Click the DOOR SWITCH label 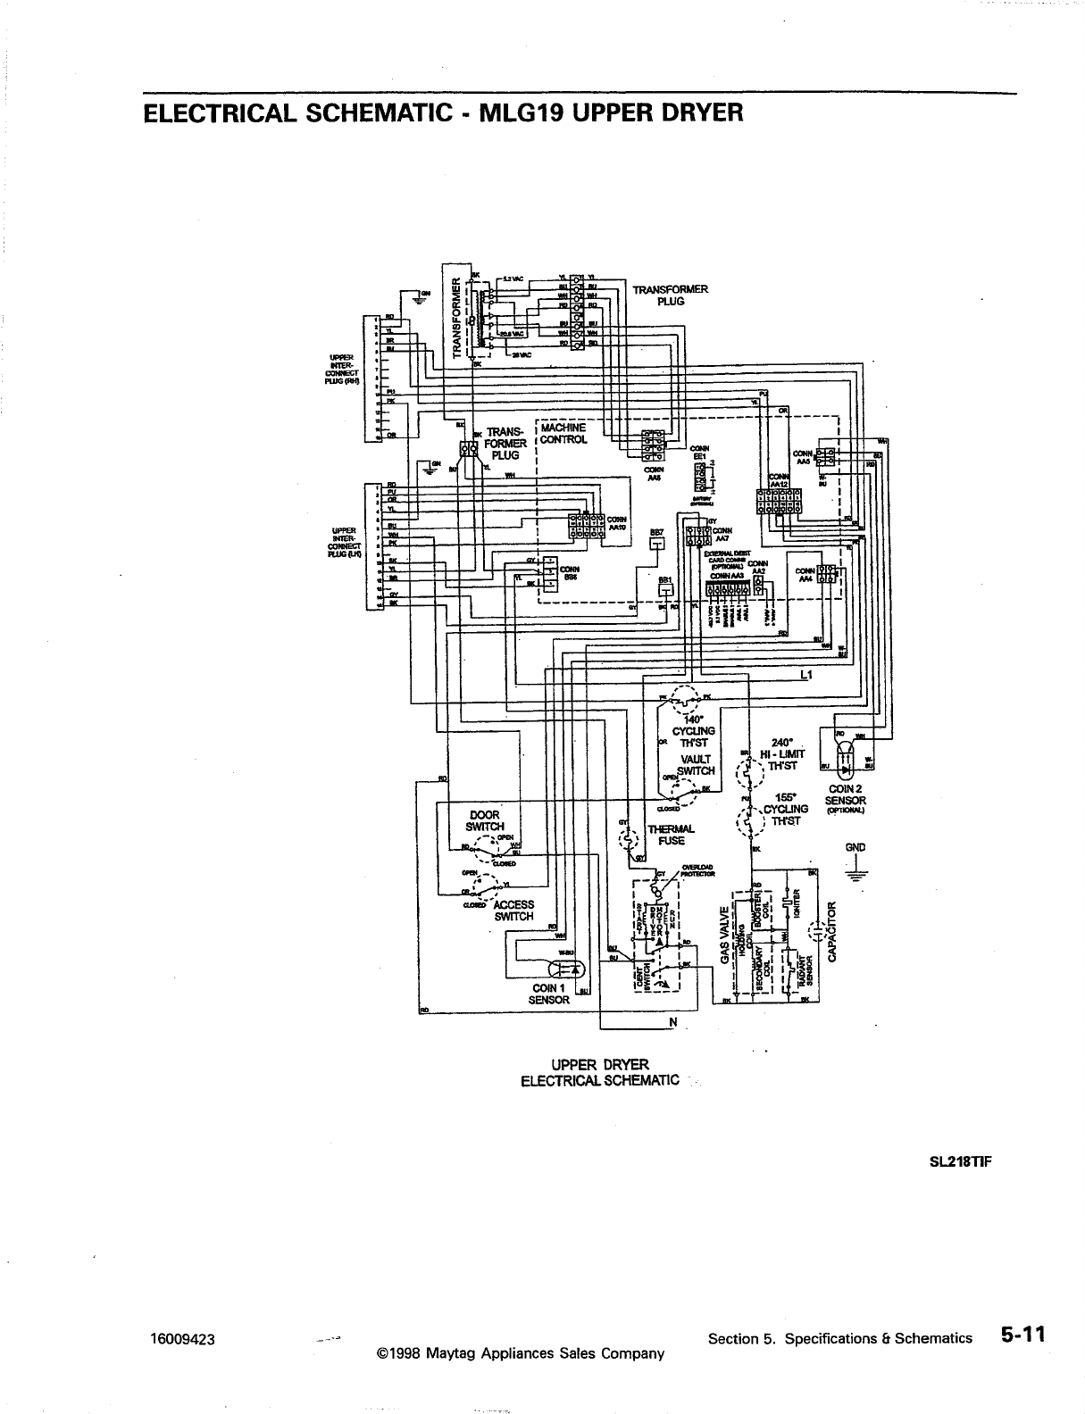click(x=485, y=820)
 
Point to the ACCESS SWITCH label click(x=513, y=911)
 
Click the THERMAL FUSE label click(x=665, y=835)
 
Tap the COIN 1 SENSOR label click(x=548, y=994)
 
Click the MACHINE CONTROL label click(x=563, y=433)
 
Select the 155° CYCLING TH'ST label click(x=786, y=809)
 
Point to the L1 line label click(x=805, y=675)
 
